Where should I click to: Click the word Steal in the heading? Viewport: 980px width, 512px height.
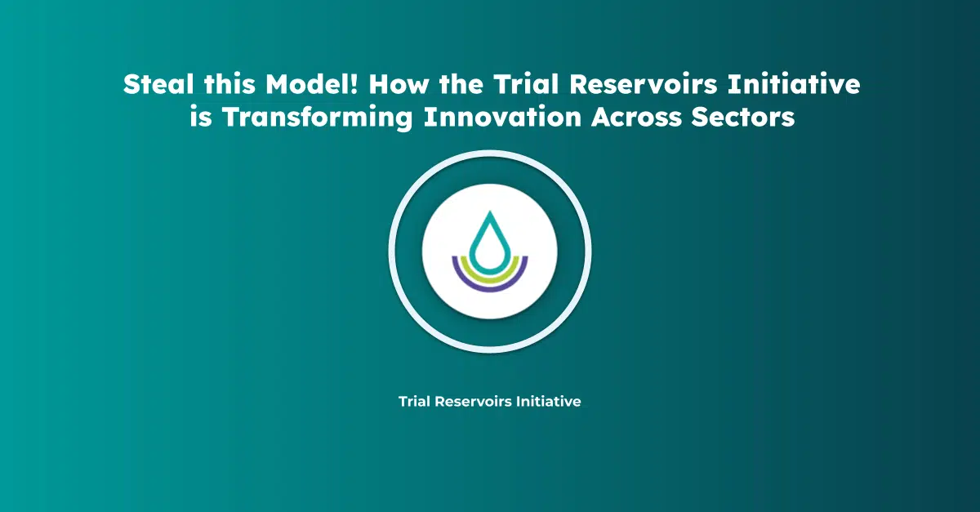tap(158, 84)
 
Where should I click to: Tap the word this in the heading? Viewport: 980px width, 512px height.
tap(229, 84)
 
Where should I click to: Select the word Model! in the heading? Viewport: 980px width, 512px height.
tap(312, 84)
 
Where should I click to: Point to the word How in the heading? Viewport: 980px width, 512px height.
tap(399, 84)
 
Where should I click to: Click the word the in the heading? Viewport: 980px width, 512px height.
tap(461, 84)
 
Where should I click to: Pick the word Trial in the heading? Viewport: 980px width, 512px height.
tap(526, 84)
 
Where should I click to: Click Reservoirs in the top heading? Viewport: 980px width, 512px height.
tap(644, 84)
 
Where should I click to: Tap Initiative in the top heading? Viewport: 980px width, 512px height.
tap(794, 84)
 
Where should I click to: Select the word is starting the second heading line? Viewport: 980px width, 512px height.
tap(201, 117)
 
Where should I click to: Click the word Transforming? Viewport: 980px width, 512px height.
tap(318, 118)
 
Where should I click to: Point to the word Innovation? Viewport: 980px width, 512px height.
tap(502, 117)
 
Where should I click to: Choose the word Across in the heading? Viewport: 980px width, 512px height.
tap(636, 117)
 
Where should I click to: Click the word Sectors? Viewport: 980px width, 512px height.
tap(743, 117)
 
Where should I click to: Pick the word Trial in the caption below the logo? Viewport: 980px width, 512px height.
tap(414, 401)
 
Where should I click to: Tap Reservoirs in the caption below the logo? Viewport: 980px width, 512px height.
tap(474, 401)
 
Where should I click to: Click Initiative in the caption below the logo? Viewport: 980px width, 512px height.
tap(549, 401)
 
